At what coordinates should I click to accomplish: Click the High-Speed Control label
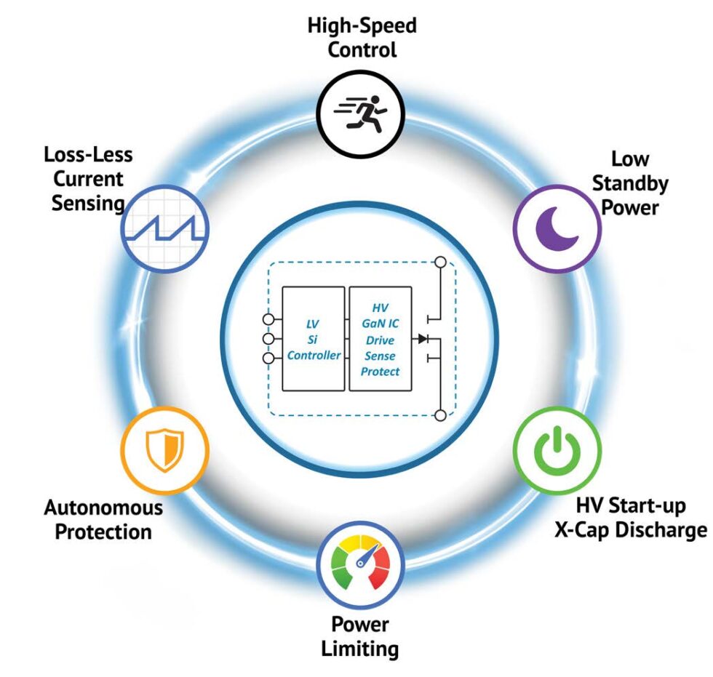point(362,38)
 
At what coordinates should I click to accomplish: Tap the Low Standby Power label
point(629,183)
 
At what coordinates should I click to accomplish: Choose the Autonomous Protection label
point(103,518)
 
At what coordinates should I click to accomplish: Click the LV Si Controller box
point(314,339)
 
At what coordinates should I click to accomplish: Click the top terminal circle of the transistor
point(439,263)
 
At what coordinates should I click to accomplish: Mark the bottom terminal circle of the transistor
point(439,414)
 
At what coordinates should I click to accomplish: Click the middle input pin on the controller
point(268,339)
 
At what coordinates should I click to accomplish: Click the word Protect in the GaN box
point(380,371)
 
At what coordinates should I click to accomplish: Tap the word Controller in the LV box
point(314,355)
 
